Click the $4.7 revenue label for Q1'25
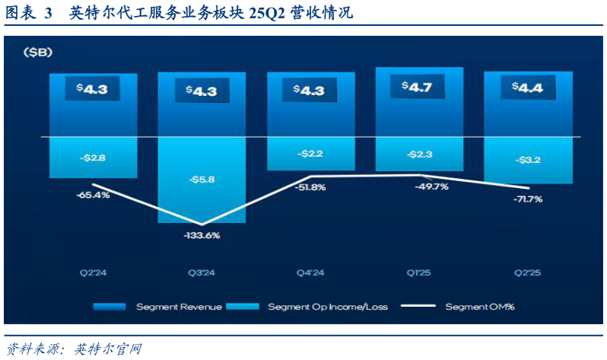tap(418, 87)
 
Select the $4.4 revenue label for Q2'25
tap(528, 88)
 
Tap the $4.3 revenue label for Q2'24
tap(93, 88)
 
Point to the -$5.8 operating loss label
tap(202, 180)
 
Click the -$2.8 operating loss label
tap(93, 158)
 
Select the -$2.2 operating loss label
tap(310, 153)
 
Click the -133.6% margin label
tap(202, 235)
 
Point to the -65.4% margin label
tap(93, 195)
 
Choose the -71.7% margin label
tap(528, 199)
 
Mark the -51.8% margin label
tap(310, 187)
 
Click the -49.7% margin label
tap(432, 186)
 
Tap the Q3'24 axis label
tap(202, 272)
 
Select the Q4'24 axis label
tap(310, 272)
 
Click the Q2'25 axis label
tap(528, 272)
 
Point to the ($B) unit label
tap(37, 52)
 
